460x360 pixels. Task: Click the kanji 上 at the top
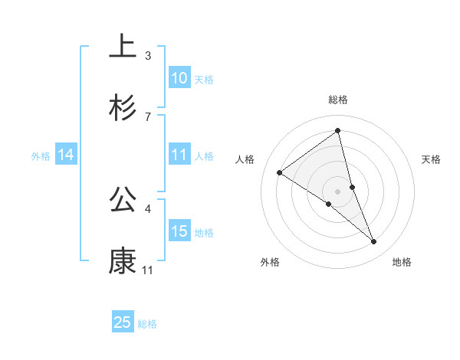(123, 46)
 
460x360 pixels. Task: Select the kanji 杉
(123, 108)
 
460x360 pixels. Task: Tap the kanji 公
(123, 200)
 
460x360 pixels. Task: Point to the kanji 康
(123, 261)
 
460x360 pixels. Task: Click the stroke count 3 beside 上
(148, 55)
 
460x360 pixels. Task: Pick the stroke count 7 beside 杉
(148, 116)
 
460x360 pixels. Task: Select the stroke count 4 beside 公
(148, 208)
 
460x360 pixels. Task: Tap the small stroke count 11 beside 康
(148, 270)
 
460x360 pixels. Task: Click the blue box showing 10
(179, 78)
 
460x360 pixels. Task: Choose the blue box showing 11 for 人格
(179, 155)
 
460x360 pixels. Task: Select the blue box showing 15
(179, 231)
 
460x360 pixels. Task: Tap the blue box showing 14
(66, 155)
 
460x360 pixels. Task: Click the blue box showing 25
(123, 322)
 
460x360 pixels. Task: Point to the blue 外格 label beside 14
(41, 156)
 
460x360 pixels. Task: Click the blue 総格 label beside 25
(147, 324)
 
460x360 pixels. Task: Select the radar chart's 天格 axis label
(432, 159)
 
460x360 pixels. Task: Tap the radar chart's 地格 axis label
(402, 263)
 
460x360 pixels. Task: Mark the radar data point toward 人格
(280, 173)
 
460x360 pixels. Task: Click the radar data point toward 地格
(374, 242)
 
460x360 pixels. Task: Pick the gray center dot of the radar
(337, 191)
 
